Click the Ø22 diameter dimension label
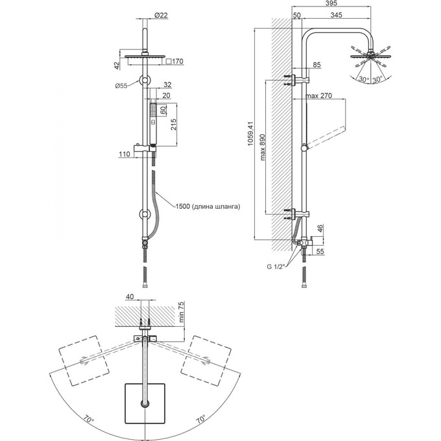(161, 15)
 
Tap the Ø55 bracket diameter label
(121, 86)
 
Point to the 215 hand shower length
(173, 125)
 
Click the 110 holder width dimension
(125, 154)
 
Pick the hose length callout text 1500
(183, 206)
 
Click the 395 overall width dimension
(331, 3)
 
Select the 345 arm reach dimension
(336, 15)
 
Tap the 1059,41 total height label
(250, 134)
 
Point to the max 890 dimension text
(263, 147)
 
